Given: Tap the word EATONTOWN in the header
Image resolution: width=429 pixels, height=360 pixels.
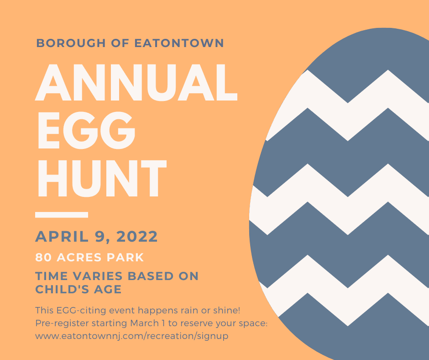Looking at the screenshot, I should pyautogui.click(x=179, y=43).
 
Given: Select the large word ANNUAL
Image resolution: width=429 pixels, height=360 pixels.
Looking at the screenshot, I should pyautogui.click(x=136, y=84).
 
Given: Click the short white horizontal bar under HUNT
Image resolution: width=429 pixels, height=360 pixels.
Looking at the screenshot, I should pyautogui.click(x=62, y=214).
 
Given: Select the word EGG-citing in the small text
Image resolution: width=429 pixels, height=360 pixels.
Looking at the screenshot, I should pyautogui.click(x=72, y=311).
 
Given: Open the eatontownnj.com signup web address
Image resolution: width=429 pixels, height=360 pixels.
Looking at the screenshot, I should pyautogui.click(x=131, y=336).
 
